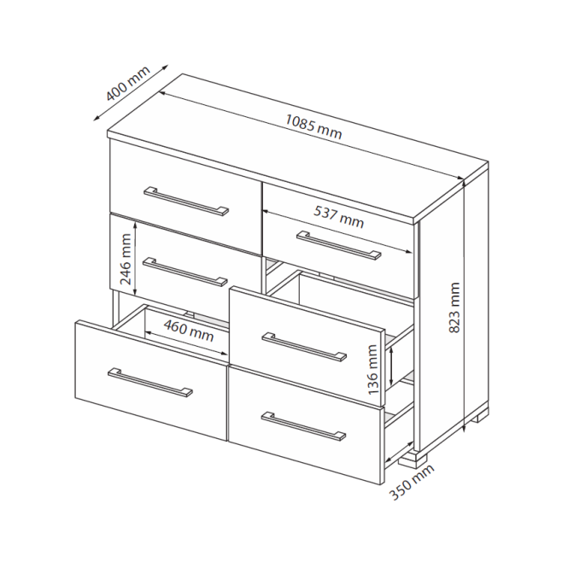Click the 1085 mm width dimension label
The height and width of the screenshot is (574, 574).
click(313, 127)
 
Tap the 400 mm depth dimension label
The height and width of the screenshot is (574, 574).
click(128, 84)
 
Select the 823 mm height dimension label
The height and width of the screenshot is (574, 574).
click(454, 307)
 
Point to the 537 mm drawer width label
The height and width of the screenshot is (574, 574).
click(339, 217)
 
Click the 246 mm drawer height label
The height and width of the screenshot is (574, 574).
click(126, 259)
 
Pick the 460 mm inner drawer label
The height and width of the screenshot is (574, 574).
click(189, 331)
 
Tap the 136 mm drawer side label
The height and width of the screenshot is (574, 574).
click(372, 370)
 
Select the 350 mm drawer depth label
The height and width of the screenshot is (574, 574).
click(412, 482)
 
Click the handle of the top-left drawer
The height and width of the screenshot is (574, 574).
click(186, 202)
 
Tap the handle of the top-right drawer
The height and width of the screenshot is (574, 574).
click(339, 245)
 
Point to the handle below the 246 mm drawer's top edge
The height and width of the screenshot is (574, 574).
click(184, 272)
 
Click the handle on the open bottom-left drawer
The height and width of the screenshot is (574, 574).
click(150, 383)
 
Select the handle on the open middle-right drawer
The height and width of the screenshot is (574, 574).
click(304, 347)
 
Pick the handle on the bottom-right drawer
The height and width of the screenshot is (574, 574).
click(303, 426)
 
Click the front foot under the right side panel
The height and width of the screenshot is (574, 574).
click(413, 460)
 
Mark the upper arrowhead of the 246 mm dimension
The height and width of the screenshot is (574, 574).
click(136, 225)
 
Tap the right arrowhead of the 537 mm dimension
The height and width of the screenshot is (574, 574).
click(409, 251)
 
